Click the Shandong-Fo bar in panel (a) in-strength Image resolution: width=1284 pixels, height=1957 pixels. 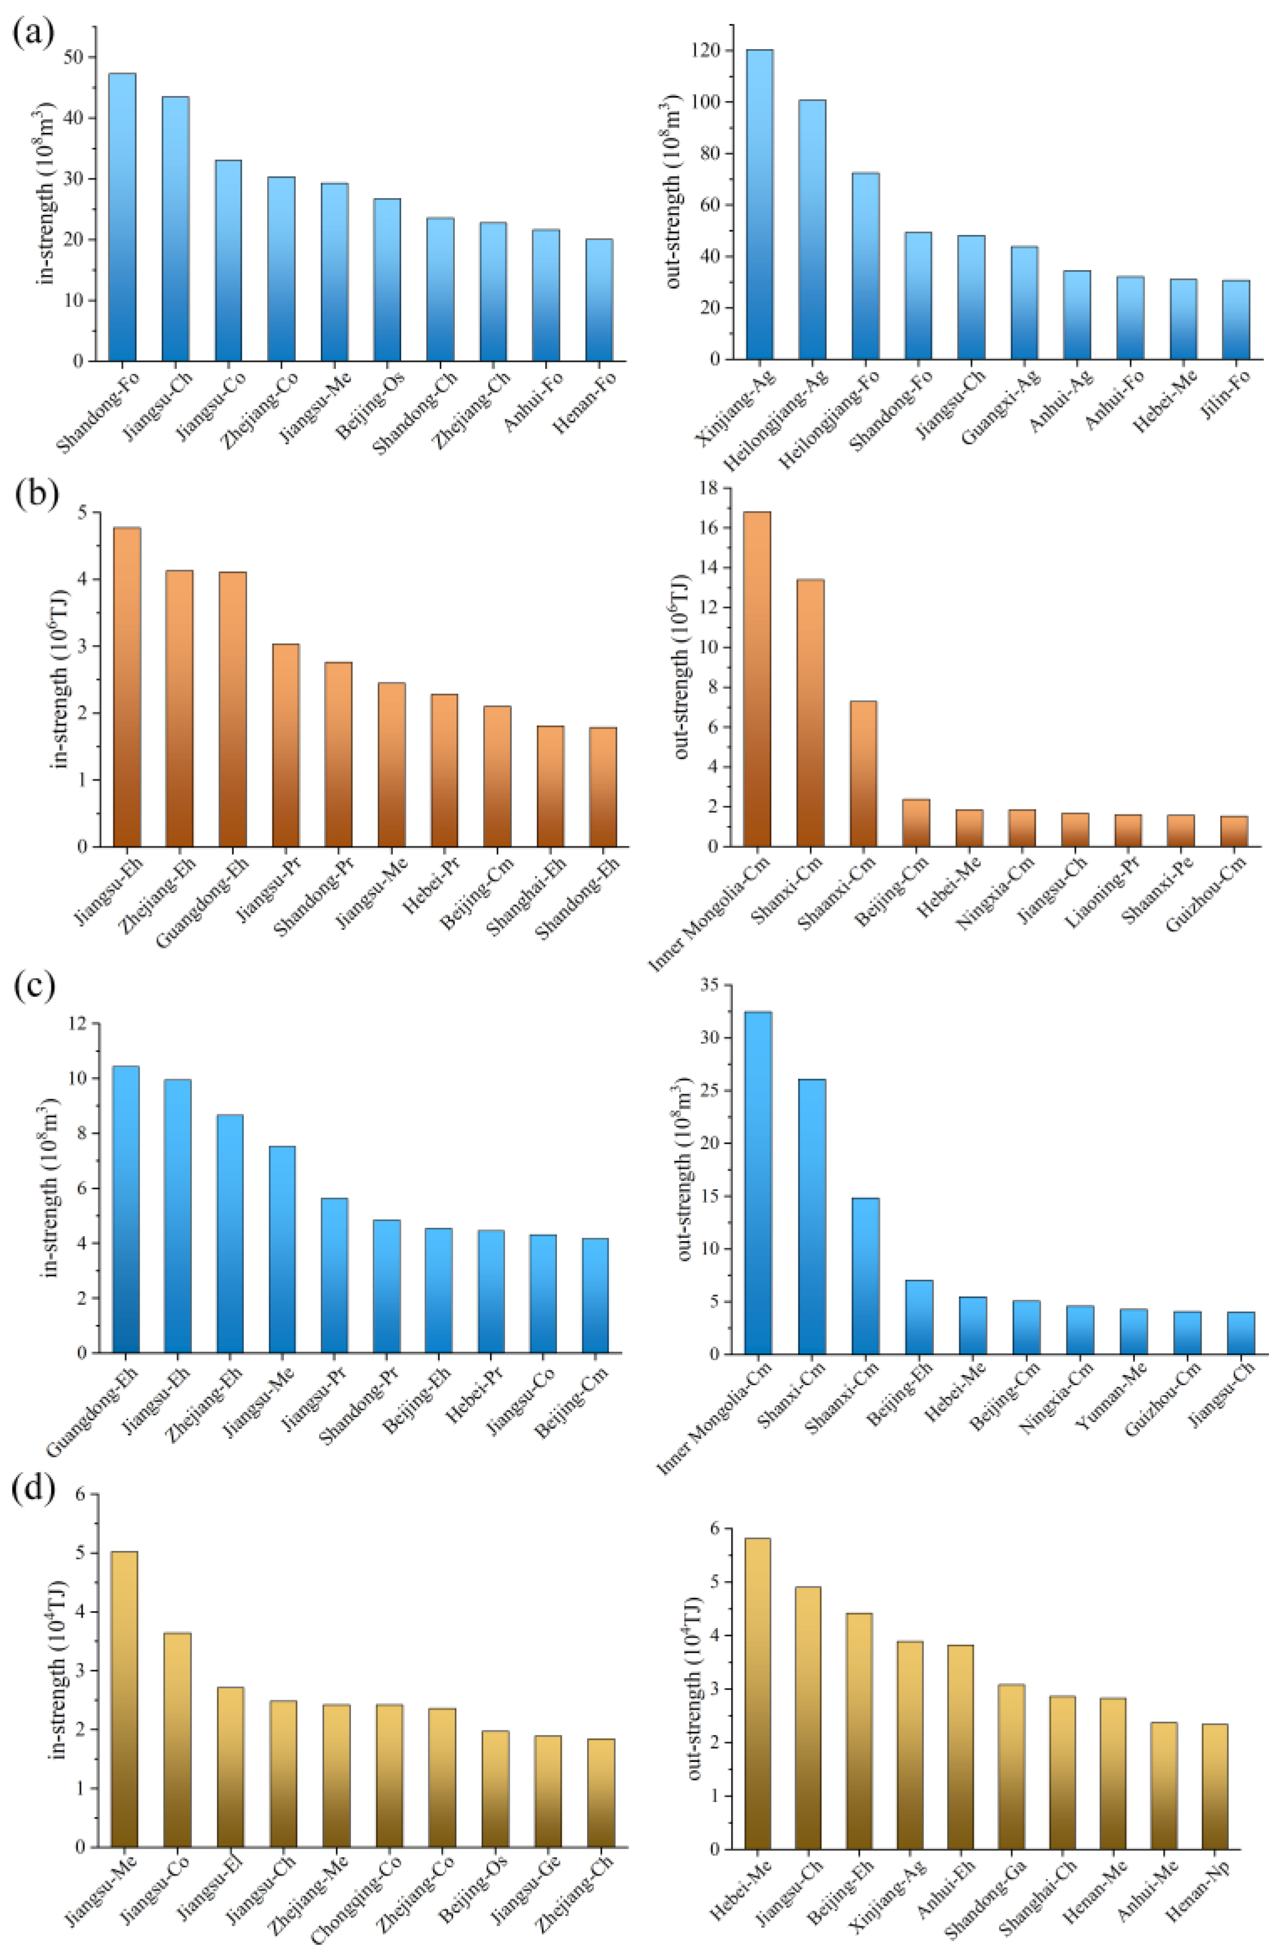click(x=123, y=218)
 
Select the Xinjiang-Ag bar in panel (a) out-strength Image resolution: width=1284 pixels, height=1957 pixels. click(x=759, y=205)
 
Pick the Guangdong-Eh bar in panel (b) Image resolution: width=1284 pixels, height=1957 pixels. click(x=233, y=709)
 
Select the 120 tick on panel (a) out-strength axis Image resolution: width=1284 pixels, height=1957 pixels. click(x=715, y=51)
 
